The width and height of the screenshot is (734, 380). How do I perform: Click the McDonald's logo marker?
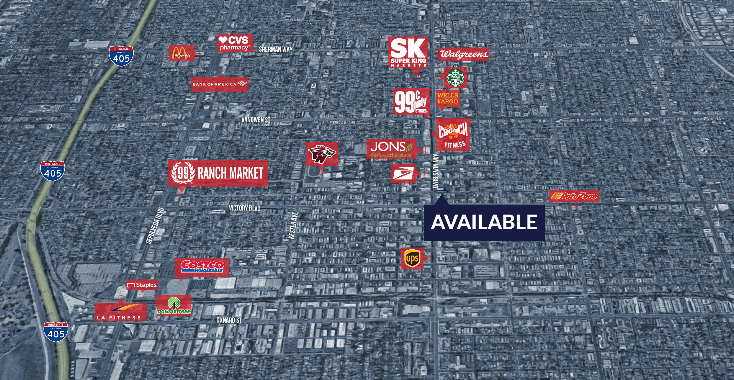(x=182, y=53)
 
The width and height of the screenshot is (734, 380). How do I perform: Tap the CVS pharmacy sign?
(x=235, y=43)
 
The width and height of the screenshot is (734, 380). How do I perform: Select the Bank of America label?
(x=219, y=84)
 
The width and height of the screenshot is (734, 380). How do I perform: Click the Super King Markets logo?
(x=408, y=53)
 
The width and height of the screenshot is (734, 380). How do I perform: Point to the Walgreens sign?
(x=463, y=54)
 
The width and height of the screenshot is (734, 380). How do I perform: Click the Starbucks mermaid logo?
(x=455, y=78)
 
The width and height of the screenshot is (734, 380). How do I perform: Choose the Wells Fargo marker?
(x=448, y=99)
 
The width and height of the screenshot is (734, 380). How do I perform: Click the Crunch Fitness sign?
(x=453, y=134)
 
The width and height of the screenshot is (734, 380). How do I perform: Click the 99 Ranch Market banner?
(x=218, y=173)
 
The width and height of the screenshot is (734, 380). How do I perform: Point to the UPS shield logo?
(x=412, y=259)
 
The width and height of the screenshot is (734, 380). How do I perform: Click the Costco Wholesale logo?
(x=202, y=267)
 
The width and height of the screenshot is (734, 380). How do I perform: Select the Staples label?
(x=142, y=285)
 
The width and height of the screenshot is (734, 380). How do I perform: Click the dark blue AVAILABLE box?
(x=484, y=223)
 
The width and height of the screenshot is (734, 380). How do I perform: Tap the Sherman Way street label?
(x=275, y=49)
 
